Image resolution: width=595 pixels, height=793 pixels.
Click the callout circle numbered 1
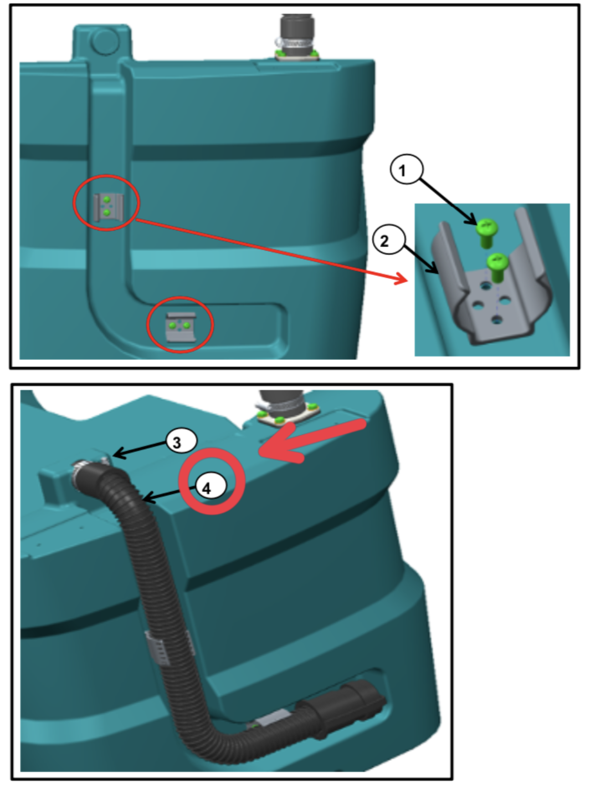407,169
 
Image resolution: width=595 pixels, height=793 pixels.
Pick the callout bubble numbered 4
212,487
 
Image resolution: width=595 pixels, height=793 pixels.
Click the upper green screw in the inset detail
486,233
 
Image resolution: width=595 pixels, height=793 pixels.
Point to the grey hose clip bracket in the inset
492,303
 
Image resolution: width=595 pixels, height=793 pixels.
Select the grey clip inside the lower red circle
181,327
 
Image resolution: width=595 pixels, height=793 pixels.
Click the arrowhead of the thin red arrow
402,278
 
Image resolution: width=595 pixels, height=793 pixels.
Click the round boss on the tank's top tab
104,41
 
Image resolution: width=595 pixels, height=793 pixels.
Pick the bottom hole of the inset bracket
497,319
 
